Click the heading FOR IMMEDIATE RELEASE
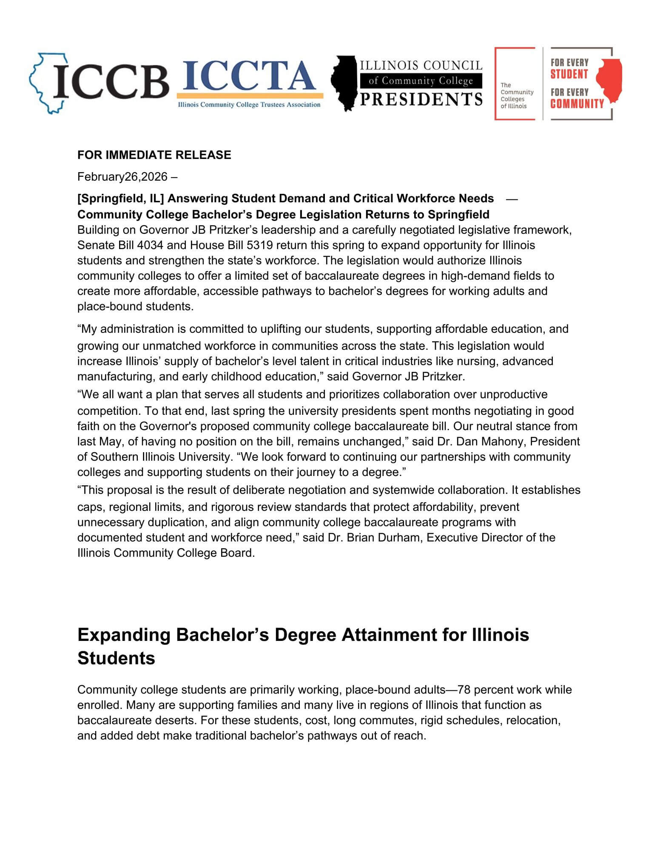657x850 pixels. click(x=154, y=155)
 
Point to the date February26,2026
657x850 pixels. click(x=122, y=177)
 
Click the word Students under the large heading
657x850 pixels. click(x=116, y=658)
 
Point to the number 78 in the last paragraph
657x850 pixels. click(x=465, y=690)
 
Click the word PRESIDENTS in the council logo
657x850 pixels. click(x=421, y=99)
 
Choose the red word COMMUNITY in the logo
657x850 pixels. click(x=577, y=104)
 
